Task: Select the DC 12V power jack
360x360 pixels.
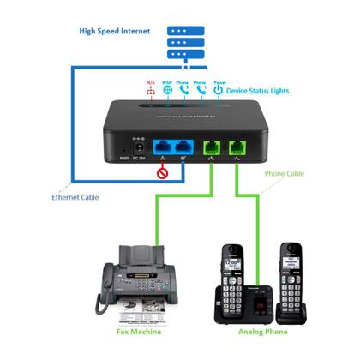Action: [135, 147]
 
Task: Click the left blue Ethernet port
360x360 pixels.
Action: [163, 147]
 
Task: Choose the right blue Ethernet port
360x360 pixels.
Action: [183, 147]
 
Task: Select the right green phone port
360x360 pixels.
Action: [235, 147]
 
